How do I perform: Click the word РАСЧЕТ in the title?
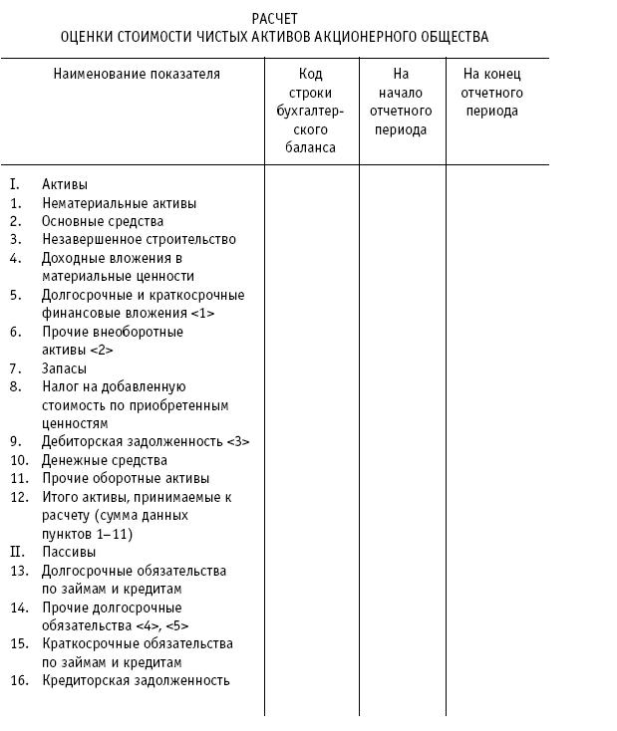tap(275, 19)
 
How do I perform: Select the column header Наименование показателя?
tap(138, 74)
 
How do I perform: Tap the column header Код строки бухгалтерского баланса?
tap(310, 111)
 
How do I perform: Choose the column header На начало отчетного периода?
tap(401, 102)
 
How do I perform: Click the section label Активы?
tap(65, 184)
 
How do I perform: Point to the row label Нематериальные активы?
tap(119, 203)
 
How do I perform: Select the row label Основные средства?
tap(103, 221)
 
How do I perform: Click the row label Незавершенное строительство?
tap(139, 239)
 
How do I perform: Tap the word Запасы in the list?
tap(64, 368)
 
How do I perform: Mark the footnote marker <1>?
tap(201, 313)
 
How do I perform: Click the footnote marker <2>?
tap(101, 350)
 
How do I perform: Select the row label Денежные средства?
tap(104, 460)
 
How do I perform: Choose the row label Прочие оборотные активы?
tap(126, 478)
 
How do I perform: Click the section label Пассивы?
tap(69, 552)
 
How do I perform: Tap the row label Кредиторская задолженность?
tap(136, 680)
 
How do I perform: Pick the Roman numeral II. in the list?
tap(17, 552)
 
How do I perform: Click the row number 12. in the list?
tap(19, 497)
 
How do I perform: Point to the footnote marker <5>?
tap(177, 625)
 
